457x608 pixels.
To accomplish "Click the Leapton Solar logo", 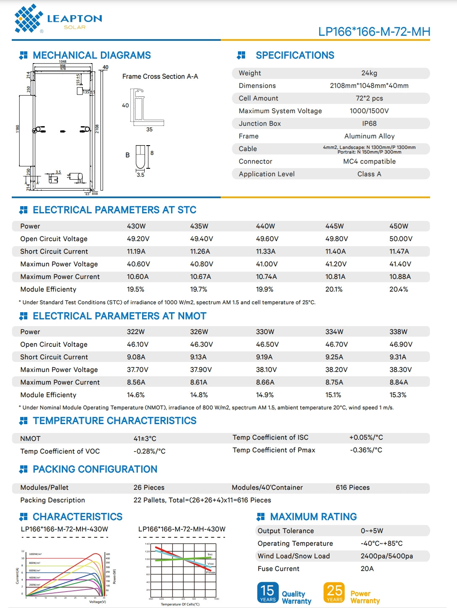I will point(58,19).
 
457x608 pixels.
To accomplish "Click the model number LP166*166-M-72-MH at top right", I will point(374,32).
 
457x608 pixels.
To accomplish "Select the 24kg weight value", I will point(369,73).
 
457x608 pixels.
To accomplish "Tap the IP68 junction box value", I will point(369,124).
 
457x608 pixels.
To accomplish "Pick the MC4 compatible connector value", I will point(369,162).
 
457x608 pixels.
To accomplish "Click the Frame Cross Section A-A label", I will point(160,77).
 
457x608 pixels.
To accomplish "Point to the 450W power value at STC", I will point(399,226).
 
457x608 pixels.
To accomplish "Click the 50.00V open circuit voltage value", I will point(401,239).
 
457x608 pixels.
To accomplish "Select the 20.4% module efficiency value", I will point(399,289).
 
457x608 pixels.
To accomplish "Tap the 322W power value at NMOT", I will point(136,332).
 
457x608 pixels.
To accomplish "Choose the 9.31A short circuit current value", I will point(398,357).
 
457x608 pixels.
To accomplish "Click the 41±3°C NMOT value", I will point(145,438).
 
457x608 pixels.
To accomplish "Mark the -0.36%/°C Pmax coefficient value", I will point(366,450).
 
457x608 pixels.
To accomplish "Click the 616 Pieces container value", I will point(352,488).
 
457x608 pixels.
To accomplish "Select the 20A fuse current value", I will point(367,569).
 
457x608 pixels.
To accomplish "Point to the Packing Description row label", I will point(53,500).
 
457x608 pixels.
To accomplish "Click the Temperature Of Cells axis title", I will point(180,604).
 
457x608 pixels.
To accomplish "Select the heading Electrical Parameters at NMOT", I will point(119,316).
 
